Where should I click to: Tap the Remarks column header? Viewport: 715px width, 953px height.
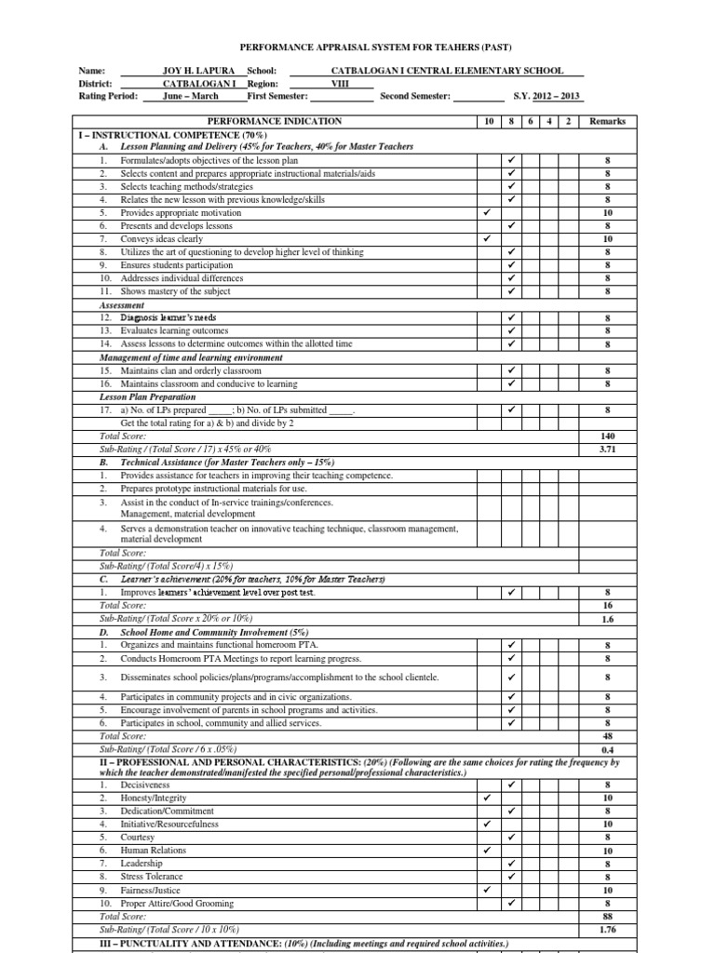[607, 121]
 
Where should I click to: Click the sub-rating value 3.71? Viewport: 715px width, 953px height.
[608, 449]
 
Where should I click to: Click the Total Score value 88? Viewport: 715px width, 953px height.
[608, 916]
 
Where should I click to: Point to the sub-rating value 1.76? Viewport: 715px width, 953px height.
[608, 929]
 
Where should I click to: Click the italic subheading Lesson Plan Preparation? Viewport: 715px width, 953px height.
[141, 396]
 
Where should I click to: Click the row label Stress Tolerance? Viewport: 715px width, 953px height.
[153, 877]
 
